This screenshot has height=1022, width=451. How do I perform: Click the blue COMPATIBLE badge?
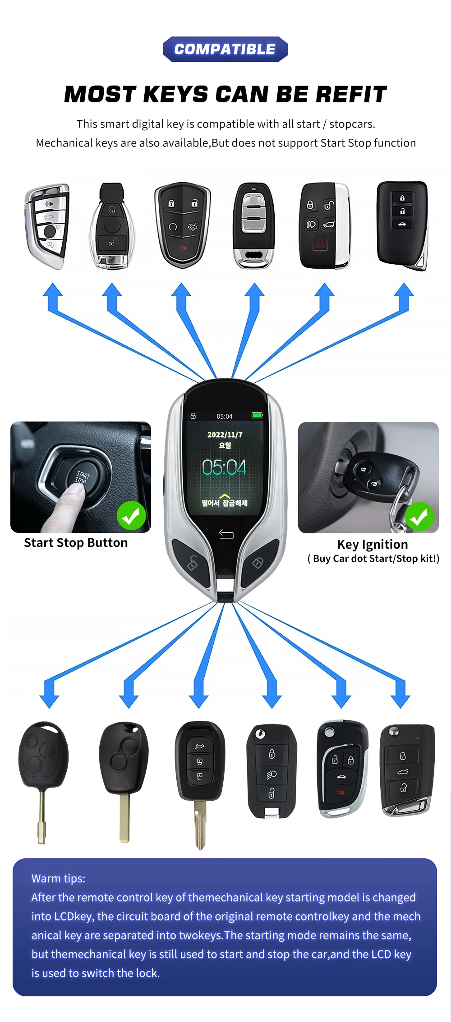tap(225, 49)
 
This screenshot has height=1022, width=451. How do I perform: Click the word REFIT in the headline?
tap(351, 94)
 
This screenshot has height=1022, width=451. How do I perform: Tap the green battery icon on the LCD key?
tap(257, 415)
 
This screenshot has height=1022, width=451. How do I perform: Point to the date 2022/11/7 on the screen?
tap(225, 435)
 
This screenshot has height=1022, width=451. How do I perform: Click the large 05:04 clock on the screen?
tap(224, 467)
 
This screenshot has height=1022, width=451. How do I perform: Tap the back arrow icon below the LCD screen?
tap(226, 534)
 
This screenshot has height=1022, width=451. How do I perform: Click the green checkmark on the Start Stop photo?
tap(131, 516)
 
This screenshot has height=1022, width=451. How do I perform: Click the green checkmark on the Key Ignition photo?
tap(419, 517)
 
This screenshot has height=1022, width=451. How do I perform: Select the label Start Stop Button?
tap(76, 543)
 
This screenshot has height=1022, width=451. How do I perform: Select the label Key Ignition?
tap(373, 545)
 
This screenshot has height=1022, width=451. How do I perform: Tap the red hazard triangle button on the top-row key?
tap(320, 244)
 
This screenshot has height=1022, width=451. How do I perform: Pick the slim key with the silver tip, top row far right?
tap(402, 225)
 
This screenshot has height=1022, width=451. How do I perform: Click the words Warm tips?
tap(58, 879)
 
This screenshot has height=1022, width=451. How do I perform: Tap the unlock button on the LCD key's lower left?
tap(192, 563)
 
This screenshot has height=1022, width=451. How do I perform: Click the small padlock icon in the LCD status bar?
tap(193, 416)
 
